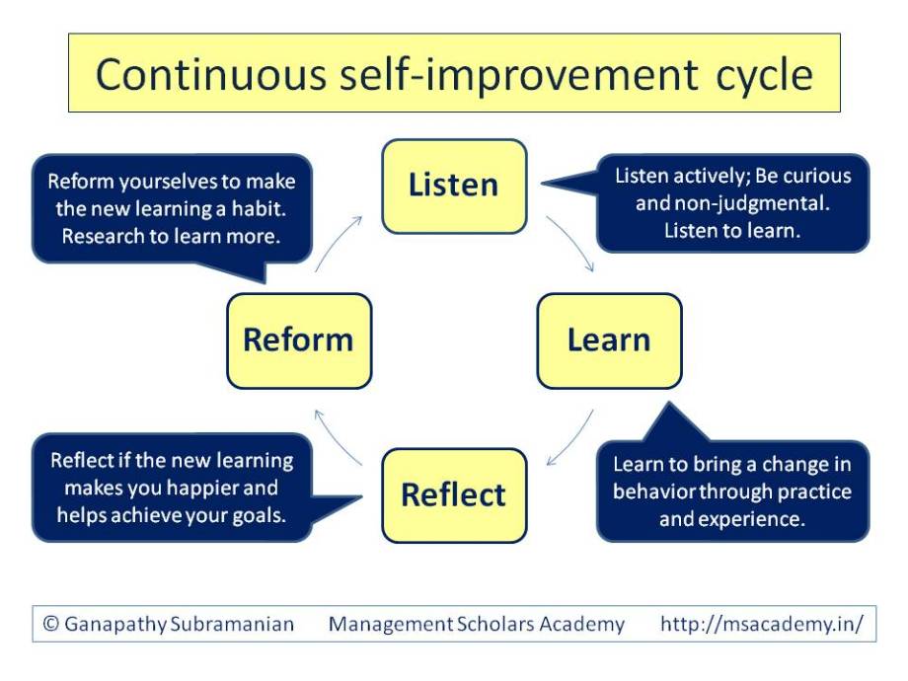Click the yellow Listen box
[x=454, y=186]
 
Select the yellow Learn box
[x=609, y=340]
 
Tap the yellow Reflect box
[x=454, y=494]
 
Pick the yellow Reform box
[x=298, y=340]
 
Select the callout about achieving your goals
[x=172, y=488]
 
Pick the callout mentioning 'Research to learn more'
[x=172, y=209]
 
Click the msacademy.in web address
[x=761, y=624]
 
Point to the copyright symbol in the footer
[x=51, y=624]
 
